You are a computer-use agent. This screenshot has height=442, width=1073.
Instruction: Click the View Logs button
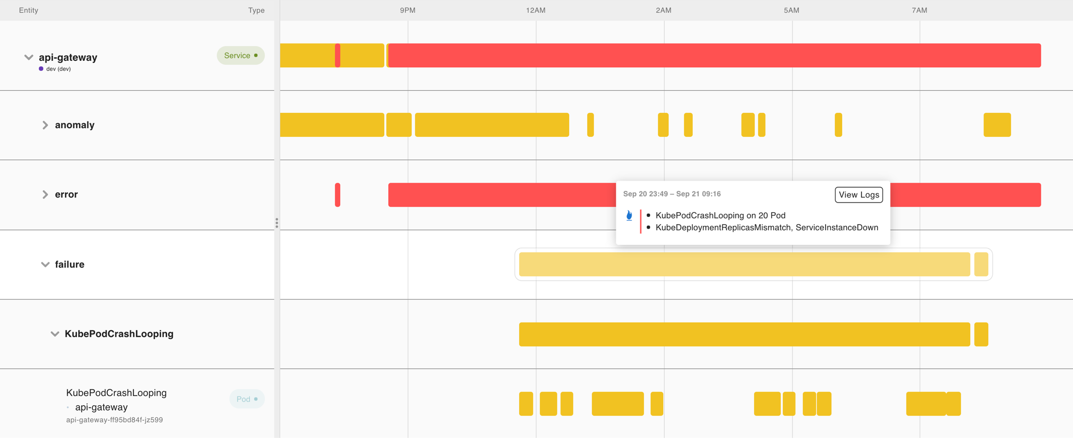coord(858,194)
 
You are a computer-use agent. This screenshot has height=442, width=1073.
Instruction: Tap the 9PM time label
coord(407,10)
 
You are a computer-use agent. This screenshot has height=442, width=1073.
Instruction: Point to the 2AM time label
coord(663,10)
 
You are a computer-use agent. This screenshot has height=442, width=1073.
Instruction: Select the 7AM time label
coord(919,10)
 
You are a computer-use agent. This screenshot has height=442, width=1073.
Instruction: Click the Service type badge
coord(240,56)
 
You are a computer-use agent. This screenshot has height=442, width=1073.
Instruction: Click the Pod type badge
coord(247,399)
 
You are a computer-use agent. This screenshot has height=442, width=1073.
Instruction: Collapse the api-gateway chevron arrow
coord(29,57)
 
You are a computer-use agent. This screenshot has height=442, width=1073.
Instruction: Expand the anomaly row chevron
coord(45,125)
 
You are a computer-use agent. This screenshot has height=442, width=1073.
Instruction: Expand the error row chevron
coord(45,194)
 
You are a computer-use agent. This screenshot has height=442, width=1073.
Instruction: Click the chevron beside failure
coord(45,264)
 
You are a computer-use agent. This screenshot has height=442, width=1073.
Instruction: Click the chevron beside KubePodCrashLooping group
coord(55,334)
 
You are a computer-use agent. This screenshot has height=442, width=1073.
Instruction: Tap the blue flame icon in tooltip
coord(629,216)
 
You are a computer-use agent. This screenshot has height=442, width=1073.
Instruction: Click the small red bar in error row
coord(337,194)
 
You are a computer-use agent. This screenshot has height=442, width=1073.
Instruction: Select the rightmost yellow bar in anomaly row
coord(996,125)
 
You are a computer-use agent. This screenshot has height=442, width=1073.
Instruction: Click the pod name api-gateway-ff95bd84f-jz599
coord(114,420)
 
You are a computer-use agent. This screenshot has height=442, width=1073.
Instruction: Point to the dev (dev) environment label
coord(58,69)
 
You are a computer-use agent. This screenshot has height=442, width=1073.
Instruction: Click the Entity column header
coord(29,10)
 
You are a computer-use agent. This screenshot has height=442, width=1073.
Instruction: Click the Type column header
coord(256,10)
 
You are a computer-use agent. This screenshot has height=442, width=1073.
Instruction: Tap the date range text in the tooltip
coord(671,194)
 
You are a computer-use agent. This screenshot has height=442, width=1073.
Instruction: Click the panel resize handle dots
coord(276,223)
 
